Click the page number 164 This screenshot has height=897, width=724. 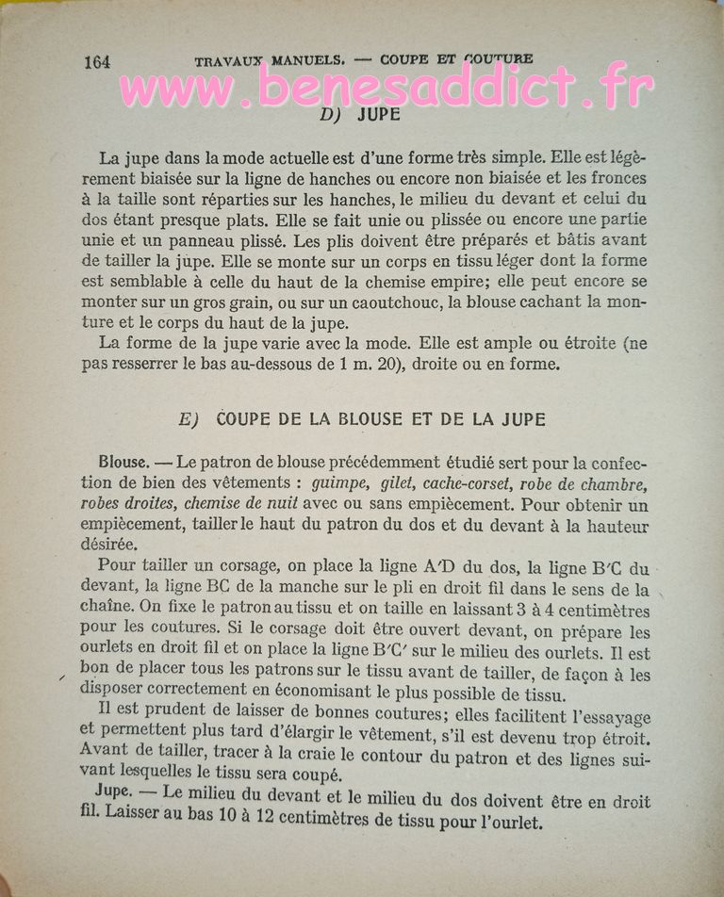pyautogui.click(x=97, y=62)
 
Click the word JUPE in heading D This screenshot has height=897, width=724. pyautogui.click(x=380, y=116)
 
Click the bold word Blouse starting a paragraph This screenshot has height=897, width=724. pyautogui.click(x=123, y=463)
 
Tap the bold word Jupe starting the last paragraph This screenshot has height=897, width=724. pyautogui.click(x=113, y=793)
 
